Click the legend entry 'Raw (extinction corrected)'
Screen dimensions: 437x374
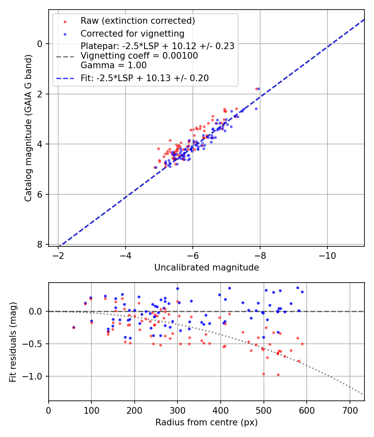click(x=138, y=21)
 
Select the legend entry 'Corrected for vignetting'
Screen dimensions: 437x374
click(x=132, y=33)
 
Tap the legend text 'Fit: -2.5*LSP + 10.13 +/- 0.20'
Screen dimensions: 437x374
click(x=145, y=78)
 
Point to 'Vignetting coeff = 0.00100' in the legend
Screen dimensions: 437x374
click(x=139, y=56)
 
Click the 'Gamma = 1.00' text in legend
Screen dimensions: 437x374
click(x=113, y=65)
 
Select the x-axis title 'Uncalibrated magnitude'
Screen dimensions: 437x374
click(x=207, y=268)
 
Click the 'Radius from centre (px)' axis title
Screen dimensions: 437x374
click(x=207, y=422)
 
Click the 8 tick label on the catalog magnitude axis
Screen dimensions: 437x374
click(x=40, y=244)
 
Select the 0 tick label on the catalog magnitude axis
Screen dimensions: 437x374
click(x=40, y=44)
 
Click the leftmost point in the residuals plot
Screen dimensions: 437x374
click(x=74, y=328)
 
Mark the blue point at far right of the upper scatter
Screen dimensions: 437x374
click(x=258, y=89)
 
